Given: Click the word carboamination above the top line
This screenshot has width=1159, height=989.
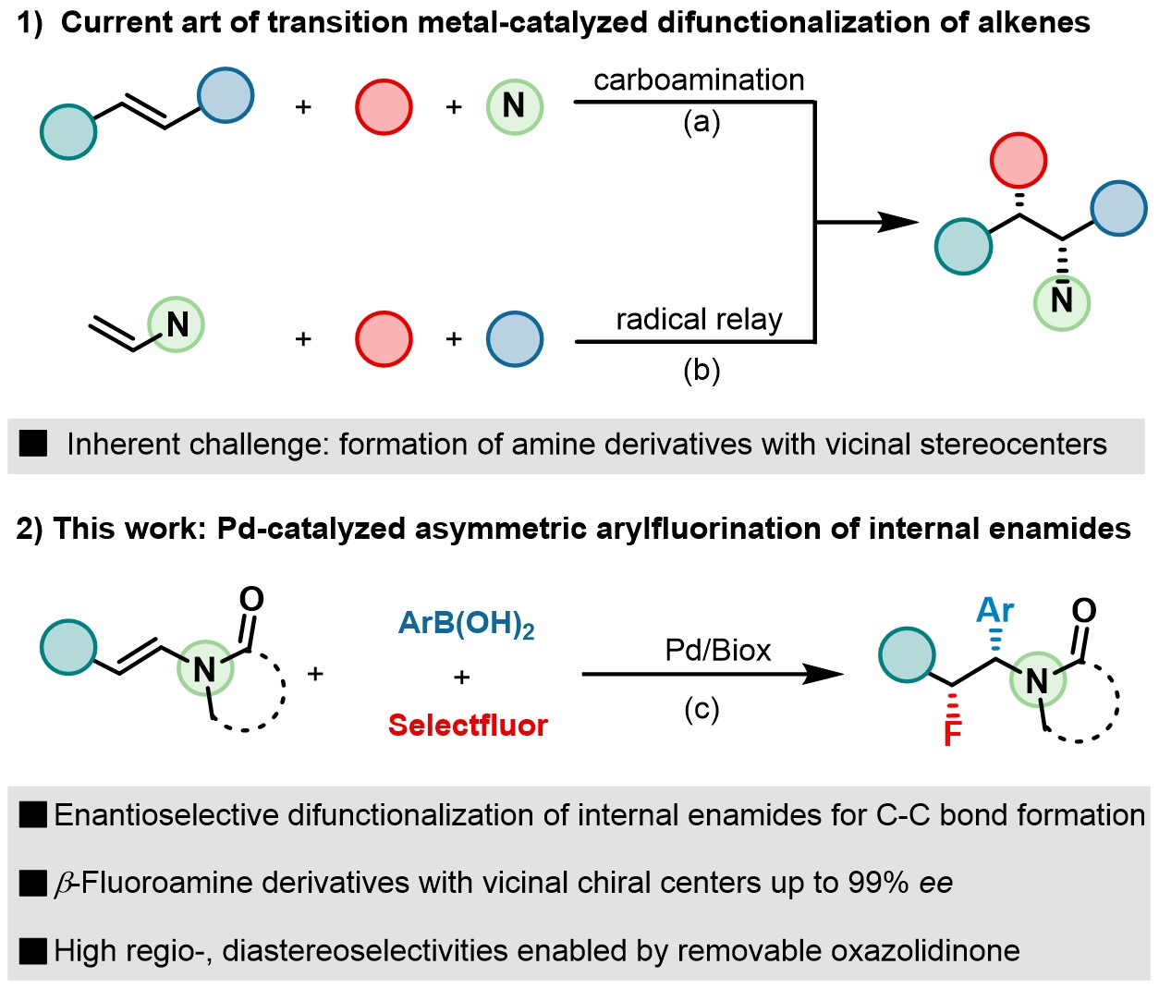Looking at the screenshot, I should (699, 80).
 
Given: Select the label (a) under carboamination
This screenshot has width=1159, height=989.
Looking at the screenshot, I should (701, 121).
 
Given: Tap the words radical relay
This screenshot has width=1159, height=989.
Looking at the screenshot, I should (699, 320).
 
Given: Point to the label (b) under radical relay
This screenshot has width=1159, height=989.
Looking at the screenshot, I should (701, 370).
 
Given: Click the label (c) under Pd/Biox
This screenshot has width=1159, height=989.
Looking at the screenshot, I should (701, 709).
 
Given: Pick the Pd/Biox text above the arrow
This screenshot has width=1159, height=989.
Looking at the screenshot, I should (717, 651).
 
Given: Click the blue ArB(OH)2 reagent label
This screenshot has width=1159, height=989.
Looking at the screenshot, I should (467, 624).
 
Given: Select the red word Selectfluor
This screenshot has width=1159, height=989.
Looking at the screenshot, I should (468, 726).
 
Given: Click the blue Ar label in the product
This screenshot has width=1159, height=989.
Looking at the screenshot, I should (995, 610).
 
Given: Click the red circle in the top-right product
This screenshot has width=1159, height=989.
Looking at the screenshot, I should (1019, 161).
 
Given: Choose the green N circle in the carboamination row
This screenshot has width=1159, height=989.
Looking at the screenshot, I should (514, 106).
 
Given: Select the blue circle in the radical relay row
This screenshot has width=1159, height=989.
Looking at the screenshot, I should (514, 339).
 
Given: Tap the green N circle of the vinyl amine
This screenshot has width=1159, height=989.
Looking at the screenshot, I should (176, 324).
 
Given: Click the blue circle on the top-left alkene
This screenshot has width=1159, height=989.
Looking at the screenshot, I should (226, 95).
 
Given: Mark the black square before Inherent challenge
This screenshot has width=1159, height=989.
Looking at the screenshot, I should (33, 445).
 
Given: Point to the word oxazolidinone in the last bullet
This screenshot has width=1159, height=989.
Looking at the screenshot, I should (927, 950).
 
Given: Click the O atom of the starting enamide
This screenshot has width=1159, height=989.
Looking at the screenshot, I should (250, 599).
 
